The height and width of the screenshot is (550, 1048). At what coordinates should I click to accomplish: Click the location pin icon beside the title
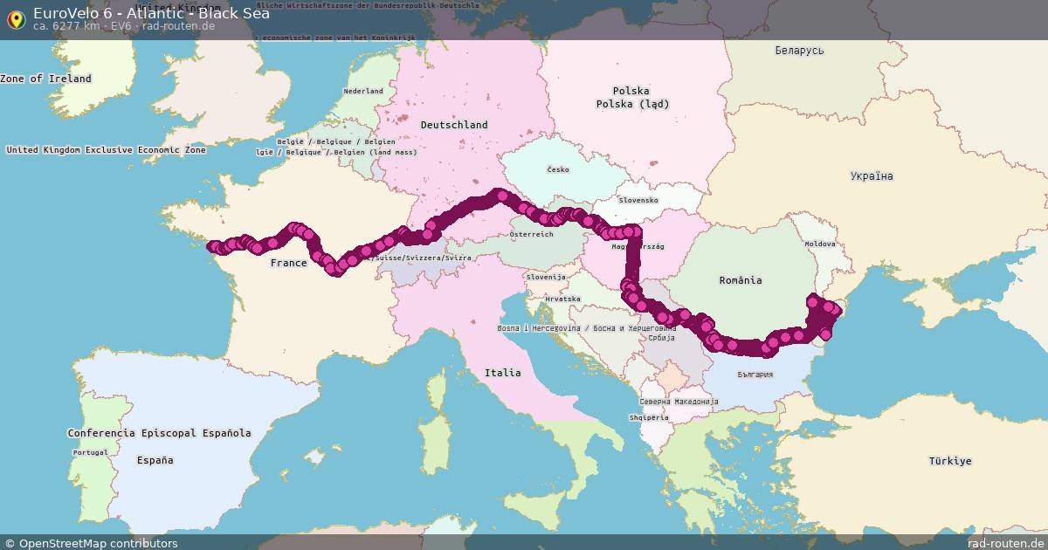16,18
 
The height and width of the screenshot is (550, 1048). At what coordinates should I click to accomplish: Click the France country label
288,263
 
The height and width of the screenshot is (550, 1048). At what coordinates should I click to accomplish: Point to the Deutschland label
454,125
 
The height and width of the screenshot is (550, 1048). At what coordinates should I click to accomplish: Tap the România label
741,280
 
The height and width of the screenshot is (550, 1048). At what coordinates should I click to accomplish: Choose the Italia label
503,373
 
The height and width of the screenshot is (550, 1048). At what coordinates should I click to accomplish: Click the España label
155,460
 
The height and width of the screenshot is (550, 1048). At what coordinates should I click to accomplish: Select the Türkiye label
950,461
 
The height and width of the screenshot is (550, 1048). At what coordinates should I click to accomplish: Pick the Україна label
872,176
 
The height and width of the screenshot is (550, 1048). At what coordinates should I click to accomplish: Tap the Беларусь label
799,51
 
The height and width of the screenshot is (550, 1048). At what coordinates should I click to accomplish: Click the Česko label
558,169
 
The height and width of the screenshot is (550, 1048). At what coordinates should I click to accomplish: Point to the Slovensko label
638,200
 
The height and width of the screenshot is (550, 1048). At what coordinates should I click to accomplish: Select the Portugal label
91,452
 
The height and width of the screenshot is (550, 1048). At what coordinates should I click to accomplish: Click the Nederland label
363,91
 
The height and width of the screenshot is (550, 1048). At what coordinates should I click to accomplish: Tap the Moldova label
820,244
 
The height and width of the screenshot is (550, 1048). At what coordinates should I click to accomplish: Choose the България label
755,375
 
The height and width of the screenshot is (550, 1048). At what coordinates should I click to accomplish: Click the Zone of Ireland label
45,79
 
